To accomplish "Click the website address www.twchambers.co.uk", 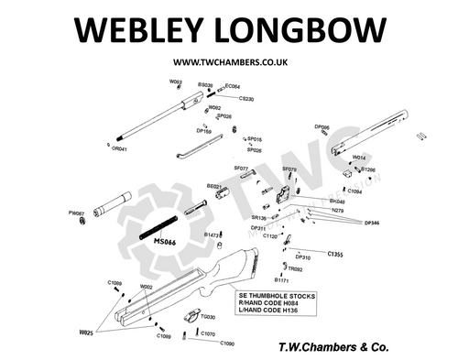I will (x=228, y=63).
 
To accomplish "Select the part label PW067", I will (x=77, y=213).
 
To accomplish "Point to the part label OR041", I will (x=119, y=148).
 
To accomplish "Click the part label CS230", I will (x=245, y=98).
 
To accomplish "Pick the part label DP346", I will (x=373, y=223).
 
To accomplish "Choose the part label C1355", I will (x=334, y=253).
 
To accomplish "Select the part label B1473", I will (x=212, y=235).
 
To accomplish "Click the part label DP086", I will (x=322, y=127).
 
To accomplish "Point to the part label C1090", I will (x=227, y=344).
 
